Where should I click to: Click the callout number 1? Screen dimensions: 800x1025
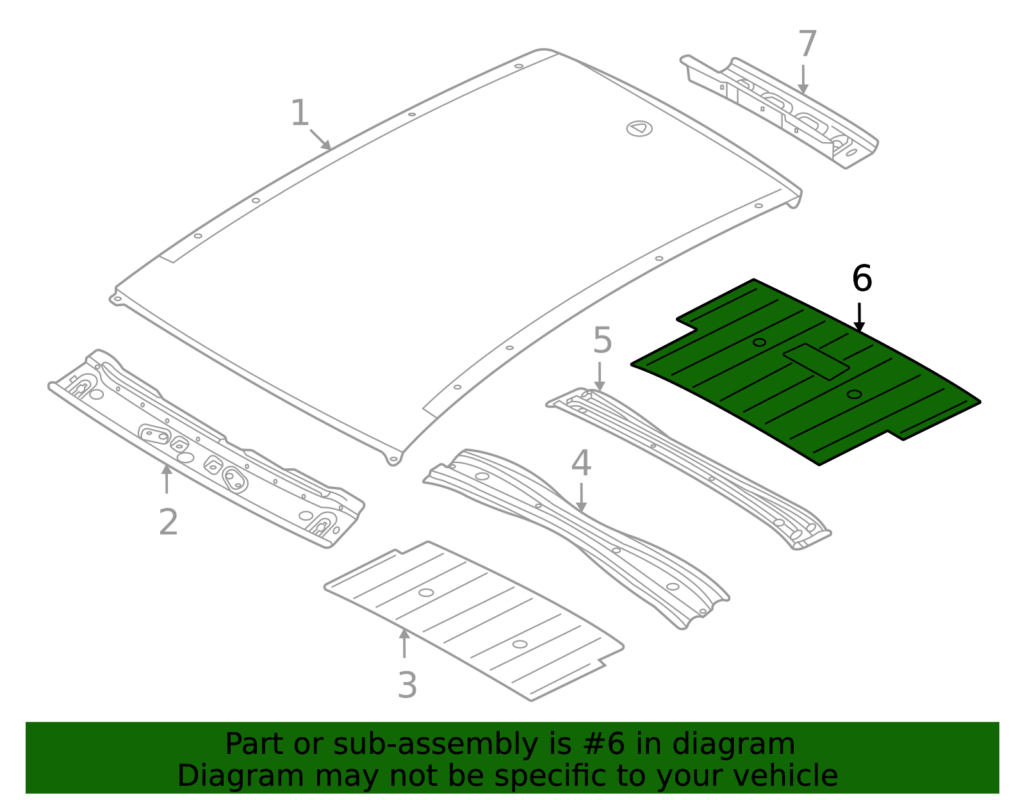coord(300,113)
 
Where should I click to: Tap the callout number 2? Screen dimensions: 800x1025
coord(168,522)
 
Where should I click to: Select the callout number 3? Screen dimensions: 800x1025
coord(407,685)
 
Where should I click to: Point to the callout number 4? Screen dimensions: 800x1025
coord(580,463)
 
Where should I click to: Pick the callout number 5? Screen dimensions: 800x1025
coord(602,340)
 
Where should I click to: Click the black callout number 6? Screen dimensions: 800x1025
coord(862,279)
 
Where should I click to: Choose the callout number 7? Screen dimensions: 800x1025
coord(808,45)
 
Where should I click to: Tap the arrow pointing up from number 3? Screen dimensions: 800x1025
coord(404,644)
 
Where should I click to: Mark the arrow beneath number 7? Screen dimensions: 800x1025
coord(803,79)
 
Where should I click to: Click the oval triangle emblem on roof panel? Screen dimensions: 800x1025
coord(639,128)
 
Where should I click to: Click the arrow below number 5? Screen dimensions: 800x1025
coord(599,377)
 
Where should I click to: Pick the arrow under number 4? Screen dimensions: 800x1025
coord(581,498)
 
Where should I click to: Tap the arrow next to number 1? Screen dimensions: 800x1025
coord(321,140)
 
